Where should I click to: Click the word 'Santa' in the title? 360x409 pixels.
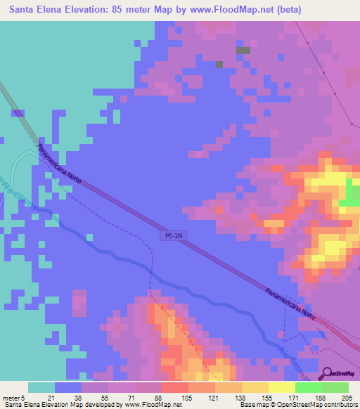[23, 9]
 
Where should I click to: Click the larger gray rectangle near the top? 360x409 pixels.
[243, 51]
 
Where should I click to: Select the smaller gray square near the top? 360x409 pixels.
[219, 65]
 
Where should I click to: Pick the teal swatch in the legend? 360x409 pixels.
[41, 387]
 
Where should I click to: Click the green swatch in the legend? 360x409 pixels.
[309, 387]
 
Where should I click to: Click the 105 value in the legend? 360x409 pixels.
[188, 397]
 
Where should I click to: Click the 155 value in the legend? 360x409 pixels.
[268, 397]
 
